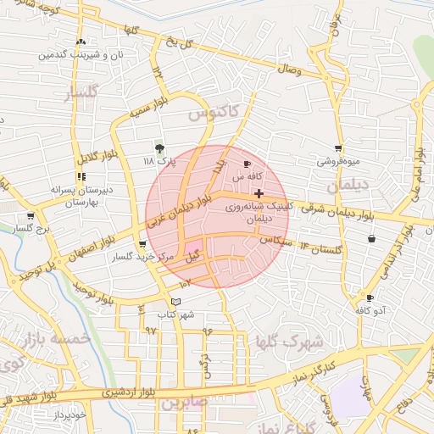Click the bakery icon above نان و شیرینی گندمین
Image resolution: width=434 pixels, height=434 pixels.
81,42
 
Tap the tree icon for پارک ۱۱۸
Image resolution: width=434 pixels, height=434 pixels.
159,147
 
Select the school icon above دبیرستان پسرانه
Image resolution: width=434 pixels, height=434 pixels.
81,177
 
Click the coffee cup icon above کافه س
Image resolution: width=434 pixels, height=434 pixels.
248,164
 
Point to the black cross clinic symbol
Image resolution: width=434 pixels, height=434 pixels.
259,194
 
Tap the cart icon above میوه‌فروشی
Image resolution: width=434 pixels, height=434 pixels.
338,148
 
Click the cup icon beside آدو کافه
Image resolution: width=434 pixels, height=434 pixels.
370,298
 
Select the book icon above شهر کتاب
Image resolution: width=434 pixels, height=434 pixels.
175,302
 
